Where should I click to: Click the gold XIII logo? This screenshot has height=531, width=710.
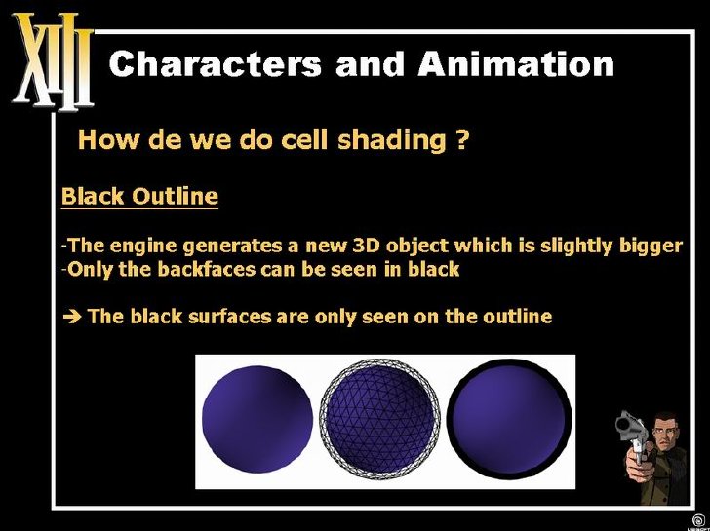pyautogui.click(x=53, y=60)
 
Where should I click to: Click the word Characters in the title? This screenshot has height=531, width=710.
pyautogui.click(x=216, y=63)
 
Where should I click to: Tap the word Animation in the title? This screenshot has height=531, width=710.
pyautogui.click(x=516, y=63)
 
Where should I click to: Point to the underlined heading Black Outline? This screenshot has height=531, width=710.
pyautogui.click(x=139, y=196)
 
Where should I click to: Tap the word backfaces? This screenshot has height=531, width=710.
pyautogui.click(x=207, y=270)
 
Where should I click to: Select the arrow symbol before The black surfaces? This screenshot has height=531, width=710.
pyautogui.click(x=71, y=317)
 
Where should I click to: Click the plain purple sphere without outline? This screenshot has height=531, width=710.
pyautogui.click(x=257, y=419)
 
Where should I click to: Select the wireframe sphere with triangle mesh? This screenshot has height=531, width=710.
pyautogui.click(x=380, y=419)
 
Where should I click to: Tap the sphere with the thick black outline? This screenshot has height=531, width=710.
pyautogui.click(x=509, y=419)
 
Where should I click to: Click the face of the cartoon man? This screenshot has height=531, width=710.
pyautogui.click(x=662, y=433)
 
